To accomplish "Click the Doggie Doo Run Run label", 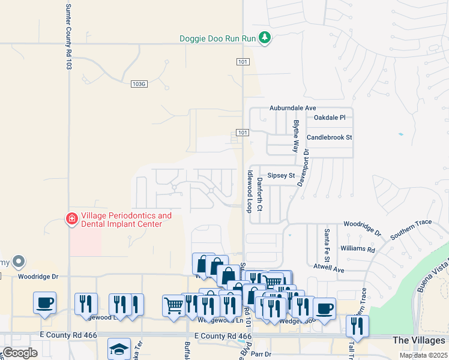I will [x=218, y=38].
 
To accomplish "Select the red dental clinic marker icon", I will [x=71, y=219].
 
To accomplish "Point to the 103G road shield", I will [x=139, y=84].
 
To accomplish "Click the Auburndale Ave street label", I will [x=292, y=108].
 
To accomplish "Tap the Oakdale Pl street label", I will [x=330, y=118].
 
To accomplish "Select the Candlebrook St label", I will [x=329, y=137].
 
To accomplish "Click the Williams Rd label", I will [x=357, y=248].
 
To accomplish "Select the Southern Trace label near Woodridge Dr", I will [x=411, y=229].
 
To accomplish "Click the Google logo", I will [x=20, y=353].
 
